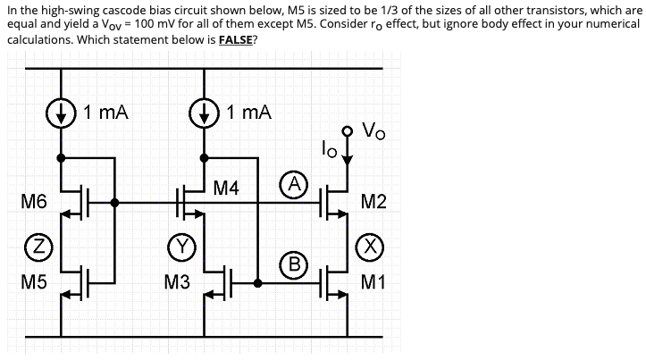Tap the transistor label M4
pyautogui.click(x=227, y=188)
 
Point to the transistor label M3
pyautogui.click(x=178, y=283)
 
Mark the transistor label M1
pyautogui.click(x=375, y=283)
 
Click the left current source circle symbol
pyautogui.click(x=61, y=113)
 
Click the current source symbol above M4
pyautogui.click(x=205, y=113)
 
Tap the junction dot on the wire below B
pyautogui.click(x=257, y=283)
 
